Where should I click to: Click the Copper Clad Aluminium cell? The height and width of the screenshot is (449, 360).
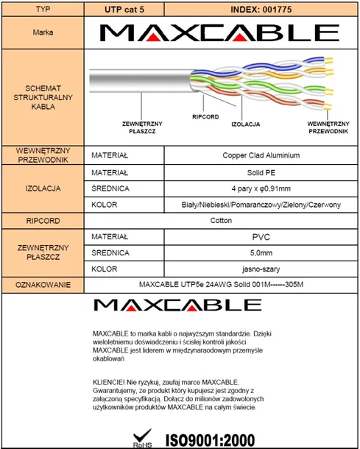click(260, 155)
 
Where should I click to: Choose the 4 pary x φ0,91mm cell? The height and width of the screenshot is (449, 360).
click(260, 188)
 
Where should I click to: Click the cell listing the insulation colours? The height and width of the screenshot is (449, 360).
click(260, 204)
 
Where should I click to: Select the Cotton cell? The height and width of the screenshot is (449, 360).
click(221, 220)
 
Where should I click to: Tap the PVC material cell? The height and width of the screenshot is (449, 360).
click(260, 237)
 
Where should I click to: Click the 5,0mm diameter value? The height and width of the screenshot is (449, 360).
click(260, 252)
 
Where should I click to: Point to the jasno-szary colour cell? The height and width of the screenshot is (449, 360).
click(260, 269)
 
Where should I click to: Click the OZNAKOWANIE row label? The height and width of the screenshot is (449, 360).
click(42, 286)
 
